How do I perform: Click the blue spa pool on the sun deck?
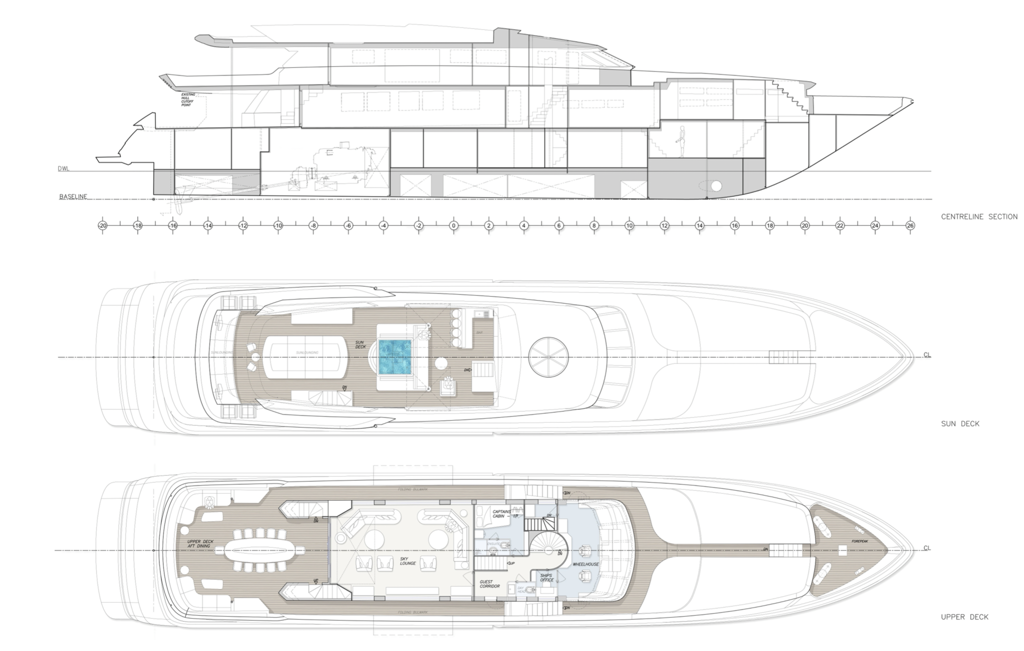394,357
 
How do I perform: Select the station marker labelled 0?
453,225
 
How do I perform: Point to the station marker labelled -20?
102,225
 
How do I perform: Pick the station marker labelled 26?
910,225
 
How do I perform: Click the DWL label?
63,169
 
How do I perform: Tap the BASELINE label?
73,196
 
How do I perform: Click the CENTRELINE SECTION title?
979,216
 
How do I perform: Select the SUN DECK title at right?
960,423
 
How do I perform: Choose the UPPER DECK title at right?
964,617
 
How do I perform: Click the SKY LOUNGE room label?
408,561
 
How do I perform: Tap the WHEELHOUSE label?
585,564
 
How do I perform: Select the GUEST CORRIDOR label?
489,584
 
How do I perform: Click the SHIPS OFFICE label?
546,577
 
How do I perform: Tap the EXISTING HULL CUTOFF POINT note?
188,100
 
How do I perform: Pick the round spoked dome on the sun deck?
548,357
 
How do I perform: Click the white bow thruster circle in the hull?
716,186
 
